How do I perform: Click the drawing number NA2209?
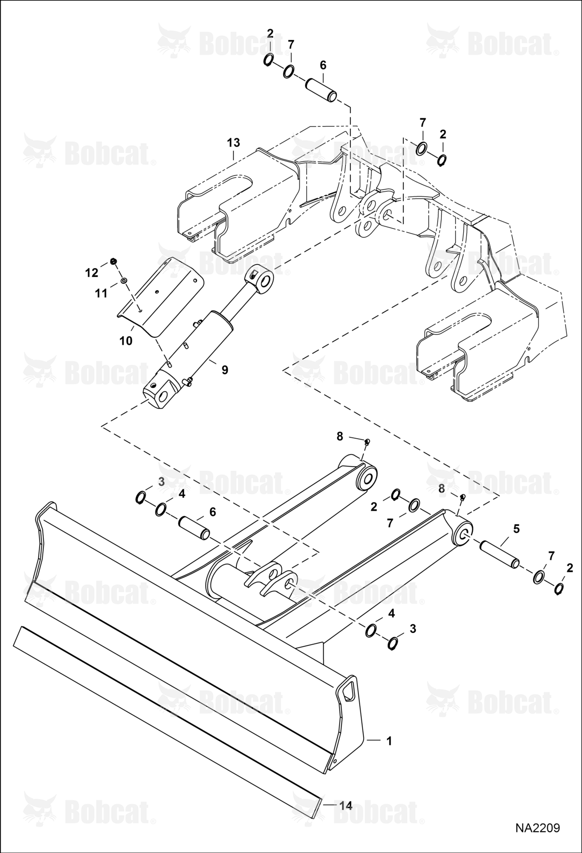(537, 828)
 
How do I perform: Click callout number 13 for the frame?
(234, 142)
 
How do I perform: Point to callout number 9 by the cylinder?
(225, 370)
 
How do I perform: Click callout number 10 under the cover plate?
(126, 341)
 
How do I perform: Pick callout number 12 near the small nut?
(92, 273)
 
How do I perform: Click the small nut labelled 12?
(113, 261)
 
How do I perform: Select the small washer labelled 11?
(124, 281)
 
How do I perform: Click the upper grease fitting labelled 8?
(367, 442)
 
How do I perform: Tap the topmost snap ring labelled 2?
(268, 61)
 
